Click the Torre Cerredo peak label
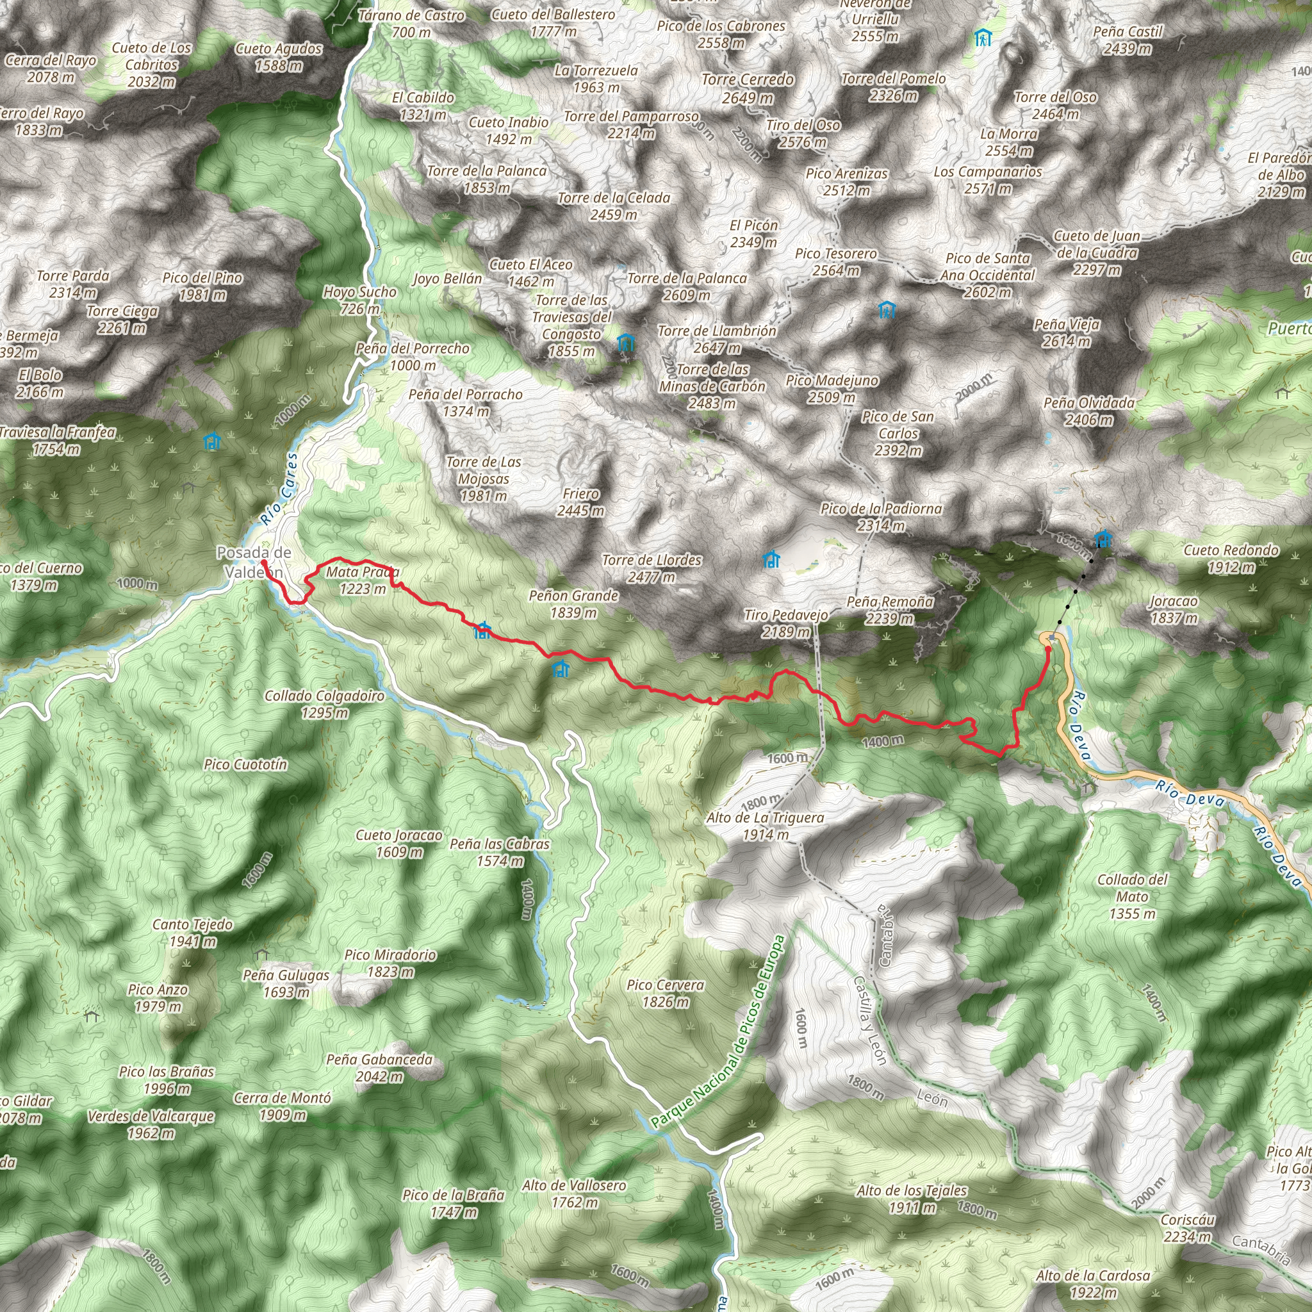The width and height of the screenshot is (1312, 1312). pos(748,88)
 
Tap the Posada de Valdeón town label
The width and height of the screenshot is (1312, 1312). pos(254,562)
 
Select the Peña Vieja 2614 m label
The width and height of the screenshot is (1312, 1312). pos(1067,332)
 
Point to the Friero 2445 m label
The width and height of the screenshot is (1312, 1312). pos(580,502)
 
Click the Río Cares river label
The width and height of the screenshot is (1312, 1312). pos(280,489)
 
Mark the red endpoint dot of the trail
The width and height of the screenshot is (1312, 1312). pos(1048,649)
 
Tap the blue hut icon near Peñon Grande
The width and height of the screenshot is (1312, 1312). pos(561,669)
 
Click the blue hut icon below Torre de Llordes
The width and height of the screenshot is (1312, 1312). pos(771,559)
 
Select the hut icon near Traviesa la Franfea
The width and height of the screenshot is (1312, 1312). pos(213,442)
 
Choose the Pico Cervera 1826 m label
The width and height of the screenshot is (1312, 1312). pos(666,993)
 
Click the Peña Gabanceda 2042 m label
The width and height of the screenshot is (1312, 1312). pos(379,1067)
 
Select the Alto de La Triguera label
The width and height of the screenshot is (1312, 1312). pos(766,826)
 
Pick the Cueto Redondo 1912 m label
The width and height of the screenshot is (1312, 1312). pos(1231,558)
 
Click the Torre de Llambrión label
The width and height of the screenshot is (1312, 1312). pos(717,339)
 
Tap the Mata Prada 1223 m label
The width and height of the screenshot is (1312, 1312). pos(363,580)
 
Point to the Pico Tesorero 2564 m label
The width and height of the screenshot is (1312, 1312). pos(836,261)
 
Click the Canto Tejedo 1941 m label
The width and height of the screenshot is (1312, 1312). pos(193,932)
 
